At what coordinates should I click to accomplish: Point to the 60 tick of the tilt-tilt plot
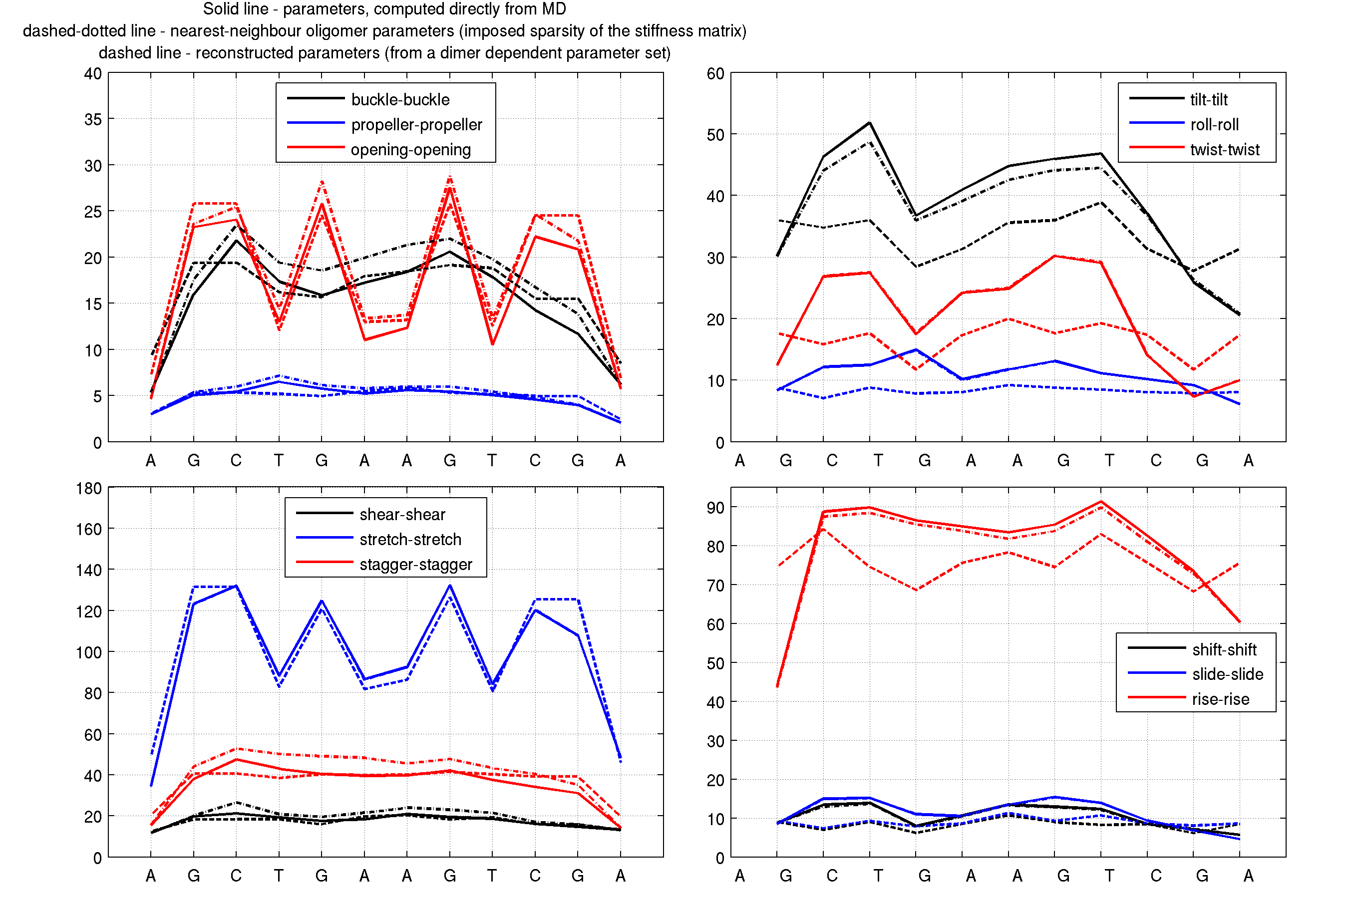tap(715, 74)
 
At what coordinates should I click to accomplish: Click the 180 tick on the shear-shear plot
tap(88, 488)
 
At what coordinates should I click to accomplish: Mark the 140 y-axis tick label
tap(88, 570)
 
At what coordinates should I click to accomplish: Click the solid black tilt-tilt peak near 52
tap(869, 122)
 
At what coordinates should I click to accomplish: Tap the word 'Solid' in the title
tap(219, 9)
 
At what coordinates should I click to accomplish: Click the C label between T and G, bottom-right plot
tap(1156, 876)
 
